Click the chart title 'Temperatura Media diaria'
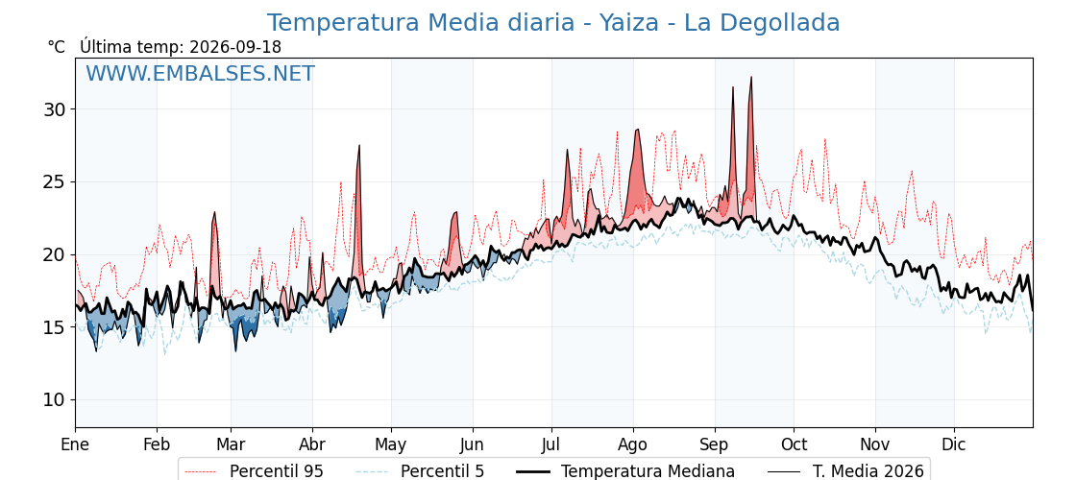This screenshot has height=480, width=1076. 420,23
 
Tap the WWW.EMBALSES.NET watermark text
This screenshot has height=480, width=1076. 200,73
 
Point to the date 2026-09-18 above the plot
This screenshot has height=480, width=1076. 234,47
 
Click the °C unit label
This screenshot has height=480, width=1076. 57,47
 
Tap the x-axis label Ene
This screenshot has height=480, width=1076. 75,444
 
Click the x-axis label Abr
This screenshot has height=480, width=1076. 312,444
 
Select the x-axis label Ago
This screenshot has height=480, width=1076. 633,444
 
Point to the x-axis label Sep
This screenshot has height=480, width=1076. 715,444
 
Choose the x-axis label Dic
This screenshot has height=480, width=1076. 954,444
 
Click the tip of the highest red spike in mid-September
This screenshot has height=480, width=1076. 751,77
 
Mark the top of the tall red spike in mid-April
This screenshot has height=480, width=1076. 359,145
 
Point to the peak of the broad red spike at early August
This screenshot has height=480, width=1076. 638,129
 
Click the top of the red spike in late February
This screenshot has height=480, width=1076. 215,212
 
